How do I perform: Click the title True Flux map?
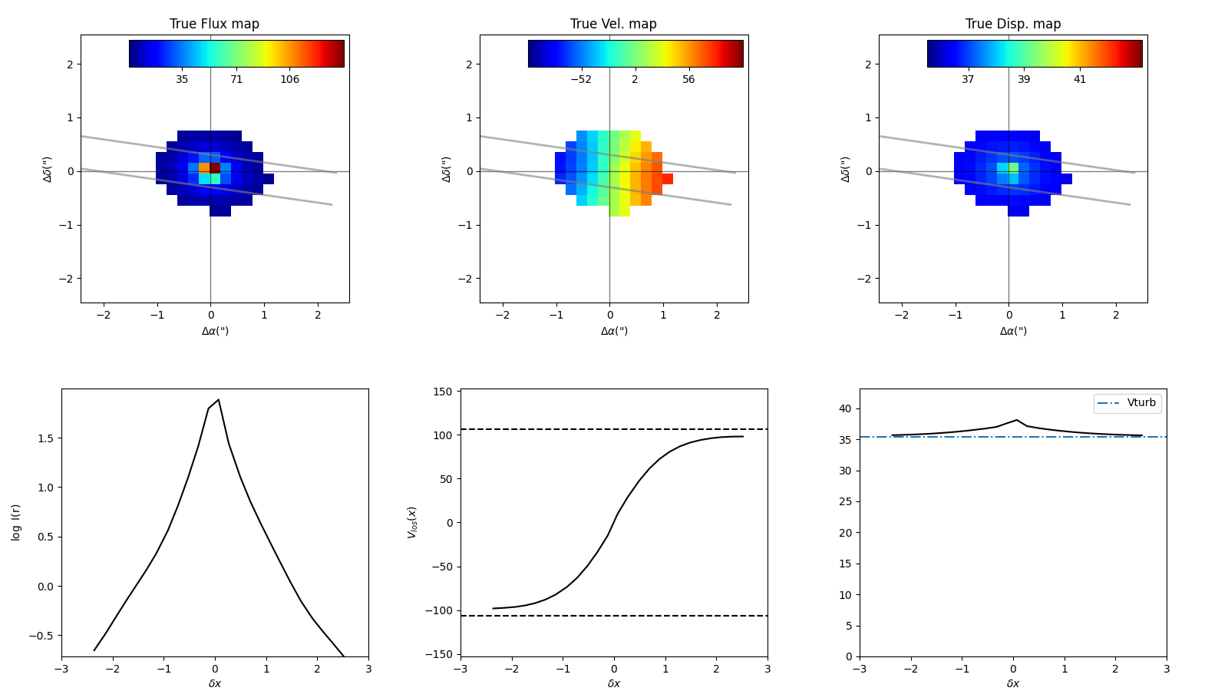214,24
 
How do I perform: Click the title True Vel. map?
613,24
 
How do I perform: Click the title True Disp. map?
1012,24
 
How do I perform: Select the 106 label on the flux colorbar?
289,80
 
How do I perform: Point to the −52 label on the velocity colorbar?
580,80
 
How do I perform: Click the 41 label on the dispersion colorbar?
1079,80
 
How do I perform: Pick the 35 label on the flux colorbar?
182,80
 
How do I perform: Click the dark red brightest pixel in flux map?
215,167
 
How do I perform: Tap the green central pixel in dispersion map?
1013,167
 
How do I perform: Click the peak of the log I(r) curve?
219,400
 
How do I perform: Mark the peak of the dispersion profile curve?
1016,420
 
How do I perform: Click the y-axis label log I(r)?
16,522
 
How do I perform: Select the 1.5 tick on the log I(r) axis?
46,438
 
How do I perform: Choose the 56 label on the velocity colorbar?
688,80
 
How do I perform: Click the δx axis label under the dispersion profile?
1012,683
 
